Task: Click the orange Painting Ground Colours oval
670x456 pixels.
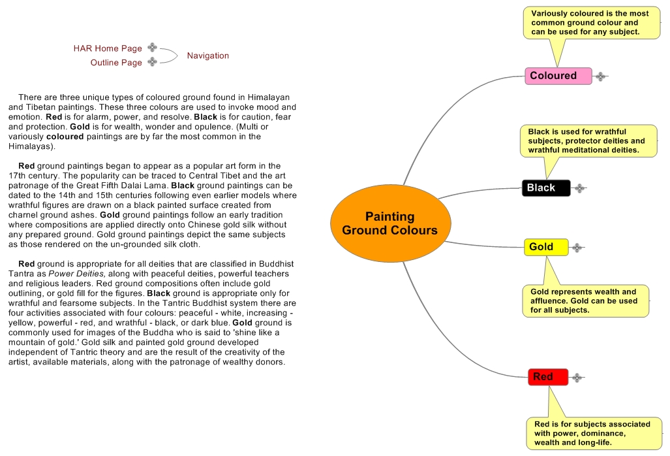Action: [389, 223]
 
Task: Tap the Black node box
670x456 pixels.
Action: [545, 188]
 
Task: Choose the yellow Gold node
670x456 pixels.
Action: [545, 247]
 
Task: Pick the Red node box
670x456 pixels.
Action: [547, 377]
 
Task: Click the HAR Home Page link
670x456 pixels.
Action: [108, 48]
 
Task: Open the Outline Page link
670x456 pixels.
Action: [116, 63]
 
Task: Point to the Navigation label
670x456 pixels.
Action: [208, 56]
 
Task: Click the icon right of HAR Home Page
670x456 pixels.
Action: [152, 47]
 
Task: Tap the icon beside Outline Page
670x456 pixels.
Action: [152, 62]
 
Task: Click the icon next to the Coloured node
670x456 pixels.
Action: [600, 76]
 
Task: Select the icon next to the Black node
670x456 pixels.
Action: [579, 188]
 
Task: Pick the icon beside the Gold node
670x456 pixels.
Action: [577, 248]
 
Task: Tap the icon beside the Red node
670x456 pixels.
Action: [577, 377]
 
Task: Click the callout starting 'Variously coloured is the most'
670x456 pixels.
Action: [590, 23]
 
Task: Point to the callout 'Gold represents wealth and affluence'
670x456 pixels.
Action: [585, 301]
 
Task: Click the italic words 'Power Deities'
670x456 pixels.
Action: [75, 273]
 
